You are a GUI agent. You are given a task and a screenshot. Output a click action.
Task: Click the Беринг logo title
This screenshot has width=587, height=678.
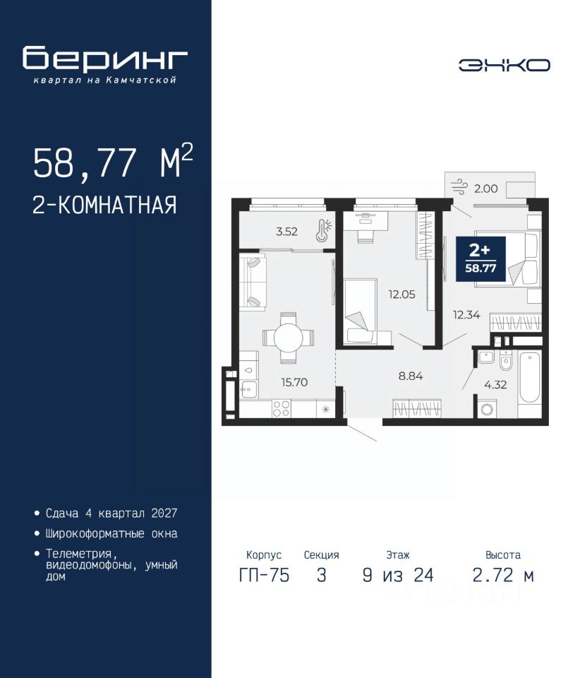105,59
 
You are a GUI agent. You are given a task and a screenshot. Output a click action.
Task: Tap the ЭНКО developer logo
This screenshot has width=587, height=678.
504,65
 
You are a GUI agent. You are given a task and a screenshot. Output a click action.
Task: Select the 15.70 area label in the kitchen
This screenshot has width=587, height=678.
294,382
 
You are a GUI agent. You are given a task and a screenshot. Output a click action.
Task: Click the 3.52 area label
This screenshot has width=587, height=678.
287,232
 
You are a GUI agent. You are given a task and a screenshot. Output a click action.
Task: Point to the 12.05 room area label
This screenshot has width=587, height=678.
401,295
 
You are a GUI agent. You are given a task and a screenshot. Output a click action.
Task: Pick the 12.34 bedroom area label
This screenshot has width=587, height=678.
466,315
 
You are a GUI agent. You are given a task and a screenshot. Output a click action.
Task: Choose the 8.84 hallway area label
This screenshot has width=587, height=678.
411,376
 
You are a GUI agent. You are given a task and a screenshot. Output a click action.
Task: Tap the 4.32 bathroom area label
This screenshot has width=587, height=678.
495,384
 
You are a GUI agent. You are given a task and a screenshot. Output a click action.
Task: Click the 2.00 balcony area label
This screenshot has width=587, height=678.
486,189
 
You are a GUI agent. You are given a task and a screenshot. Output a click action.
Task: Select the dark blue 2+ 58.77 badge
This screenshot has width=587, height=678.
480,259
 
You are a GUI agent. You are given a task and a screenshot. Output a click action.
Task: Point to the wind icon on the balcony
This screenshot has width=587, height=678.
459,187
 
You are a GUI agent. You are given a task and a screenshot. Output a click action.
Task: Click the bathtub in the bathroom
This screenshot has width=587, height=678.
530,377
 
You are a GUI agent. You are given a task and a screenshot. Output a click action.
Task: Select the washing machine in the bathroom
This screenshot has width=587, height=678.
486,409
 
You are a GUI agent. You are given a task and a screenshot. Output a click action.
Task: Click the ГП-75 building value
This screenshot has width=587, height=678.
264,576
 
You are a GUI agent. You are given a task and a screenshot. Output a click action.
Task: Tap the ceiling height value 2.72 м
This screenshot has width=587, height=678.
503,576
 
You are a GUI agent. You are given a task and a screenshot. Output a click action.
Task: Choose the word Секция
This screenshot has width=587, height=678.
321,555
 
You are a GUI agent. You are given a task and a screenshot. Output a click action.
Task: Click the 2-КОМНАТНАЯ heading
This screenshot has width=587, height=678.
105,205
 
